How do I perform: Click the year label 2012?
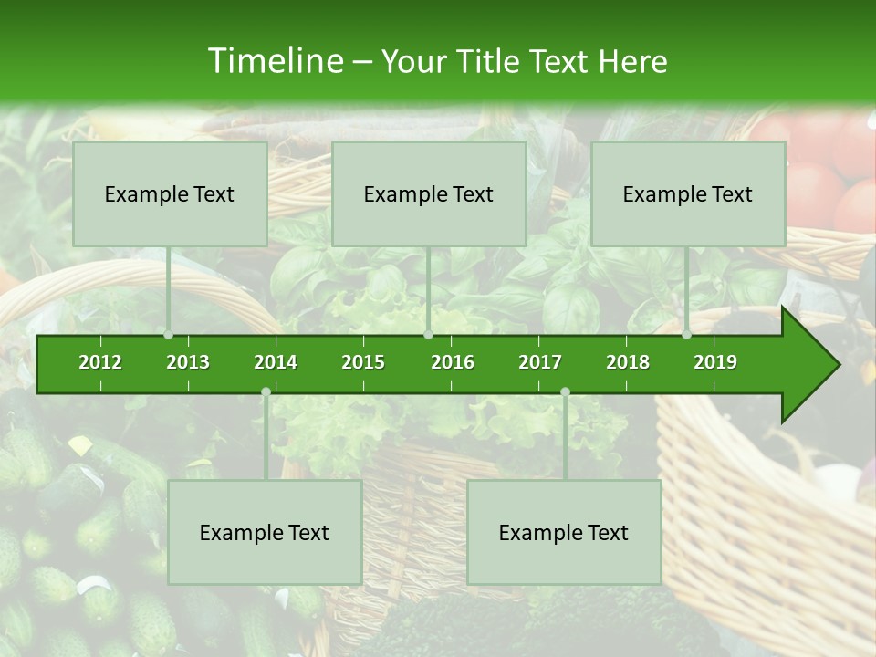[100, 362]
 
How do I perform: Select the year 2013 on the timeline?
[188, 362]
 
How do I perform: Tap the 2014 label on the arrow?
[276, 362]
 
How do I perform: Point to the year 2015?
[363, 362]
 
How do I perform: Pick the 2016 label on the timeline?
[453, 362]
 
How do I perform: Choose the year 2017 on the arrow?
[540, 362]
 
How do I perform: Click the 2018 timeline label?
[628, 362]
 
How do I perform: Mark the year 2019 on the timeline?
[715, 362]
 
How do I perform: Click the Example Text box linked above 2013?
[170, 193]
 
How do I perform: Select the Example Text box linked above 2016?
[429, 193]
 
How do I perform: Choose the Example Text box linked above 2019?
[688, 193]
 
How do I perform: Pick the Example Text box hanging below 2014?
[265, 532]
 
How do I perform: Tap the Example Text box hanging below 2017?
[564, 532]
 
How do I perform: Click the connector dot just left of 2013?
[169, 335]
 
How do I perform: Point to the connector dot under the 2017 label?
[565, 392]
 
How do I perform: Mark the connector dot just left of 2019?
[687, 335]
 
